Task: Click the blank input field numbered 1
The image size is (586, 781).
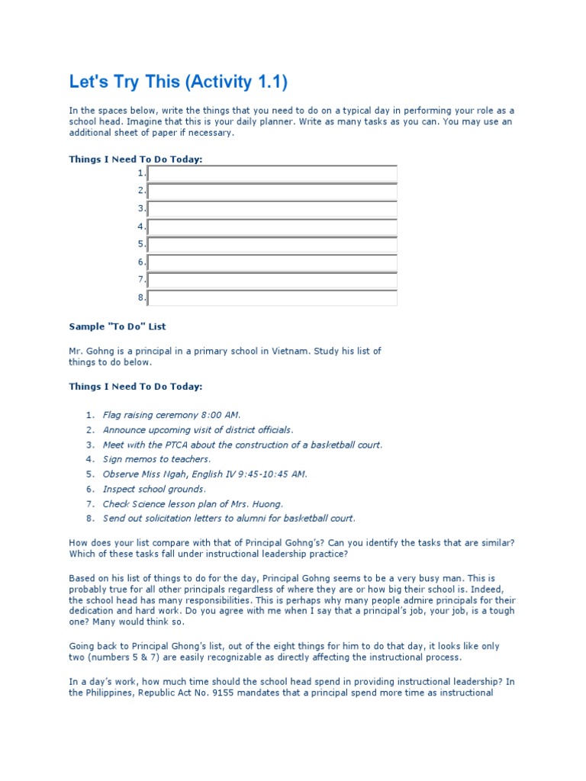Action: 272,174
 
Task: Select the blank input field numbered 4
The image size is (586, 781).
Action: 272,227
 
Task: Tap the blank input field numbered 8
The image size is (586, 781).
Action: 272,297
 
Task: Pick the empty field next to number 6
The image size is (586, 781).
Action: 272,262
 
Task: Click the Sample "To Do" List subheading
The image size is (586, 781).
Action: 118,326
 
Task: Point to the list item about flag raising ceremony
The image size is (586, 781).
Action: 172,415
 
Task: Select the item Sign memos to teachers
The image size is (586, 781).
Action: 156,459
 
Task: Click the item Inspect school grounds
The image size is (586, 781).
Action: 154,489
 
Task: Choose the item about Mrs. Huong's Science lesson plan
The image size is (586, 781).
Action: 193,504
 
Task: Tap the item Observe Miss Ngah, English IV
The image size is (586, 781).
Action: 205,474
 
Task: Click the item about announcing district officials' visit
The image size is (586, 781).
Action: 198,430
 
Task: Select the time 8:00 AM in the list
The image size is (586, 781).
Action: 221,415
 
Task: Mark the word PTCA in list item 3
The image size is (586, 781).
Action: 175,445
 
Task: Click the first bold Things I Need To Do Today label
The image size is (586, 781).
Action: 136,159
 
